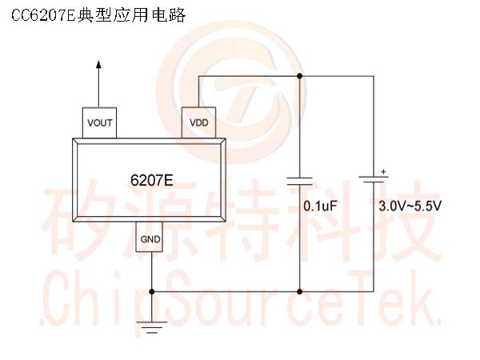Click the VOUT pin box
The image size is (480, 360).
pyautogui.click(x=99, y=122)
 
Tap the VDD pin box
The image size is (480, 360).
pyautogui.click(x=199, y=122)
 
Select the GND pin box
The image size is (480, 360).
pyautogui.click(x=150, y=237)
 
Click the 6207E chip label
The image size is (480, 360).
pyautogui.click(x=151, y=180)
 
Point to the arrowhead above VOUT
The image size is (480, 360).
pyautogui.click(x=98, y=64)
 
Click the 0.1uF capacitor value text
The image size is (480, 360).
pyautogui.click(x=320, y=206)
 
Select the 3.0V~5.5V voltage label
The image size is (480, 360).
pyautogui.click(x=410, y=206)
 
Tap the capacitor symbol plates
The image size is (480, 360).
pyautogui.click(x=300, y=181)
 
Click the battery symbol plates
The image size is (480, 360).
pyautogui.click(x=374, y=179)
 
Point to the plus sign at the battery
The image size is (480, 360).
pyautogui.click(x=383, y=172)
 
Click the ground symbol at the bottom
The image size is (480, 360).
pyautogui.click(x=151, y=327)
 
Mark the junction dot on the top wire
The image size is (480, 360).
pyautogui.click(x=300, y=76)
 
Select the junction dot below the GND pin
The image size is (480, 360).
pyautogui.click(x=151, y=292)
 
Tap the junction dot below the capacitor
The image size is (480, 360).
pyautogui.click(x=300, y=292)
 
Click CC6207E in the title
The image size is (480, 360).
pyautogui.click(x=43, y=15)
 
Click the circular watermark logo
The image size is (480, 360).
pyautogui.click(x=232, y=91)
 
